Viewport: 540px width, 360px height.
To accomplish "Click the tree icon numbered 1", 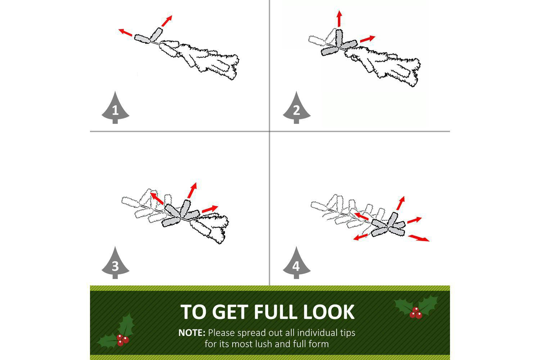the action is pos(115,108).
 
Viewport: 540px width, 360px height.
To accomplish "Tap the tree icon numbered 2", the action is pos(297,108).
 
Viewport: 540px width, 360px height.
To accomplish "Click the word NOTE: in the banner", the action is pos(192,333).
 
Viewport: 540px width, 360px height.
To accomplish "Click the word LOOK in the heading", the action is pos(329,312).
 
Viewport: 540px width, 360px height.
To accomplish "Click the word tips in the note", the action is pos(347,333).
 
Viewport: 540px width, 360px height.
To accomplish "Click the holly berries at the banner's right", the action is pos(415,312).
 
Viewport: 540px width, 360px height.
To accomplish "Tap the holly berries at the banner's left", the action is pos(122,340).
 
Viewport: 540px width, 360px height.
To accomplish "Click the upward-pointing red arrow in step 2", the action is pos(339,18).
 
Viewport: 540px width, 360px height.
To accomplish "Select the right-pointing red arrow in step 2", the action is pos(368,39).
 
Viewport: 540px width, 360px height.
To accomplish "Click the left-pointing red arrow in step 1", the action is pos(125,32).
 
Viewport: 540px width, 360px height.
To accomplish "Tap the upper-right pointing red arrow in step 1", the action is pos(167,21).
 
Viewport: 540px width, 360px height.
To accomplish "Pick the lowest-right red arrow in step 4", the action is pos(419,238).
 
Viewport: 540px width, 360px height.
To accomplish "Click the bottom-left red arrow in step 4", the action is pos(360,237).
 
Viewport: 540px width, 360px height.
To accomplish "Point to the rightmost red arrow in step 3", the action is pos(210,209).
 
